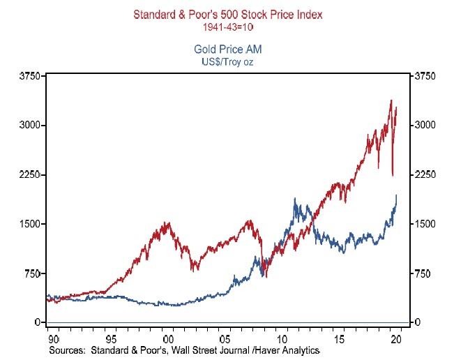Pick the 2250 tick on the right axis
(x=426, y=174)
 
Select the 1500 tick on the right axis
(x=426, y=224)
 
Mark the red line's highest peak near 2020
(x=391, y=100)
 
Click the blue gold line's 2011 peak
(x=296, y=199)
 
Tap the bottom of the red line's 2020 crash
(x=393, y=176)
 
